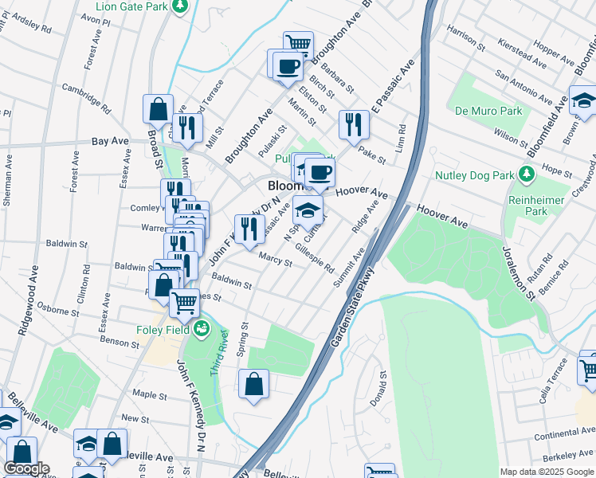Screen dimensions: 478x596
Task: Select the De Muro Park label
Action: click(489, 112)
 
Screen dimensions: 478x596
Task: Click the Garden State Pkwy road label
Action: click(352, 311)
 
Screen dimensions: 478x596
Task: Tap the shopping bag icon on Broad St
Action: click(158, 108)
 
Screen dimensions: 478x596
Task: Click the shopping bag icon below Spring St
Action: click(253, 384)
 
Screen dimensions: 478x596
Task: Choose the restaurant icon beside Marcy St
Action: click(249, 228)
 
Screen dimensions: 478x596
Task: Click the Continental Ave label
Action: click(564, 435)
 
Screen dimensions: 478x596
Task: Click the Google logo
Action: click(26, 468)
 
